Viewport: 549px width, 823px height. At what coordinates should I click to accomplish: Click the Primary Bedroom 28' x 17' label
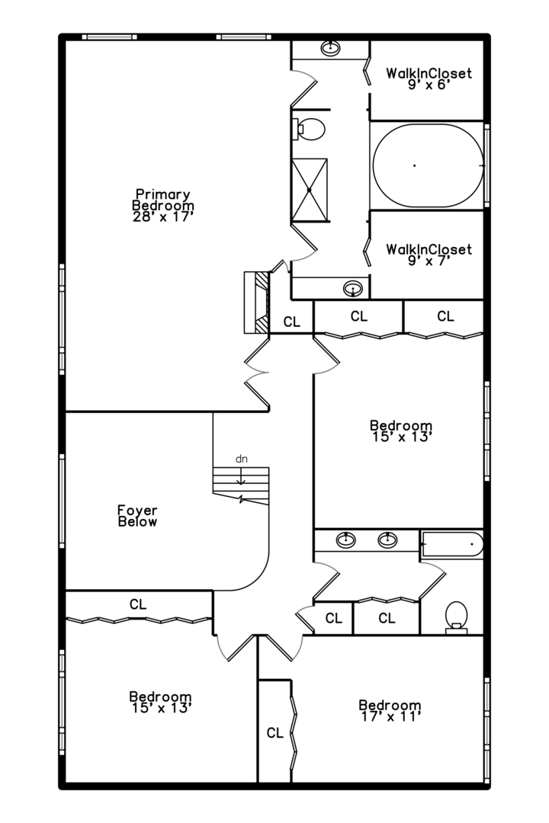tap(163, 206)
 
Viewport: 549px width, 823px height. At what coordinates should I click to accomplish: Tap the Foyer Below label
tap(137, 516)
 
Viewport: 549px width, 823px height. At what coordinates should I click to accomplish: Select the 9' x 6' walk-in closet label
tap(429, 78)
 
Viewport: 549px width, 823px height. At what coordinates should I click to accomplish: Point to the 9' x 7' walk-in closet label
tap(429, 255)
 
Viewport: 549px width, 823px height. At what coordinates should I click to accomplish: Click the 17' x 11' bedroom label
tap(390, 711)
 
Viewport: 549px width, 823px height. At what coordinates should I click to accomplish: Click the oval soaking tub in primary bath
tap(429, 165)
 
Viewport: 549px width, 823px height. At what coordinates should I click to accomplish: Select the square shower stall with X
tap(310, 190)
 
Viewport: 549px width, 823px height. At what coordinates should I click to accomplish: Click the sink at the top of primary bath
tap(330, 48)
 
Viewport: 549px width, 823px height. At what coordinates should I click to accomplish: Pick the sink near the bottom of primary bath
tap(352, 288)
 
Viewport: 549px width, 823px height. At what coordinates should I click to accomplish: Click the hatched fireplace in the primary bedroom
tap(257, 303)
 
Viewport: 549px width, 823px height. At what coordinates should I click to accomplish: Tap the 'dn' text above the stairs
tap(241, 460)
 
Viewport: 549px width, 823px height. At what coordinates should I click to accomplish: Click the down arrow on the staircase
tap(241, 476)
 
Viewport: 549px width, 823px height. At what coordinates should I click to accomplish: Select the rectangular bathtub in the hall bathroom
tap(452, 544)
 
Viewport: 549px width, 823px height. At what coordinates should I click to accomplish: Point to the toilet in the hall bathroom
tap(457, 617)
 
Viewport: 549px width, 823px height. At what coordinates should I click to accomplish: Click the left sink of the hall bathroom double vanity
tap(345, 539)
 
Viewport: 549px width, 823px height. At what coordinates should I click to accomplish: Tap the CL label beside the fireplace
tap(291, 322)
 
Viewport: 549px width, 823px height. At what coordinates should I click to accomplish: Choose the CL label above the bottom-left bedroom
tap(138, 604)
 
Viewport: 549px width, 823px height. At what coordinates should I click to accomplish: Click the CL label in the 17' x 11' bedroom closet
tap(274, 733)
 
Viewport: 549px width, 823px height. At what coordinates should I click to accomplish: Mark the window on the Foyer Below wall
tap(62, 501)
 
